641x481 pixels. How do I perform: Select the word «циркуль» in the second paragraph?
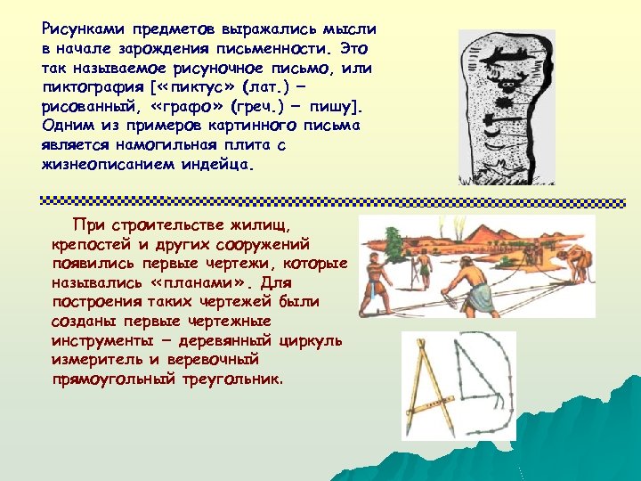coord(309,340)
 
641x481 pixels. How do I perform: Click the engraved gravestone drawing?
coord(505,107)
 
